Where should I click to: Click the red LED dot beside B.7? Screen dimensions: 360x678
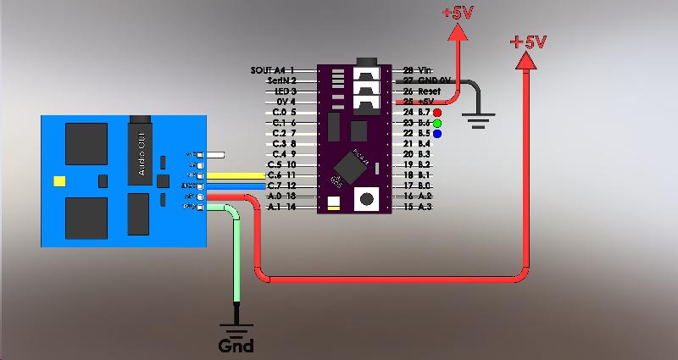(437, 112)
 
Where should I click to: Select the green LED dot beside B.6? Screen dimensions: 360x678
(437, 123)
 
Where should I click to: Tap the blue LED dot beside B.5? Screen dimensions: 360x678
(437, 134)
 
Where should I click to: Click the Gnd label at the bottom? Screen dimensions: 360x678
(236, 346)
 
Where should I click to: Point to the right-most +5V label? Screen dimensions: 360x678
(528, 42)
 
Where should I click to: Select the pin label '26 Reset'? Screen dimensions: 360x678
(421, 91)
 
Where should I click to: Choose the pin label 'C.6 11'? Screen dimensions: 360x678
(281, 174)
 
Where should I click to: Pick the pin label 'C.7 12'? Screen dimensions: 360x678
(281, 186)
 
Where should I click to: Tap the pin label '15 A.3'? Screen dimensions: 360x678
(418, 207)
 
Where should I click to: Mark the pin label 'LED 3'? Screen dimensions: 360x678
(283, 91)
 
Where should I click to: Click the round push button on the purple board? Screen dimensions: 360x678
(368, 200)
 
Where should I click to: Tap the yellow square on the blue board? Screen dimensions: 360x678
(59, 180)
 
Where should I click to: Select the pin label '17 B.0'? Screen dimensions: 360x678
(418, 186)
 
